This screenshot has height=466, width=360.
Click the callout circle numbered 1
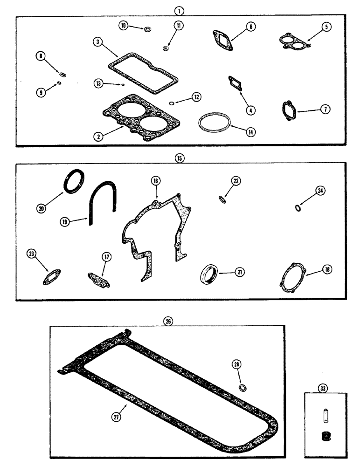pos(180,9)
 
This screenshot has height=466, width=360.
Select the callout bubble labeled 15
pos(180,158)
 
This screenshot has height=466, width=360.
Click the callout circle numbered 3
pos(97,42)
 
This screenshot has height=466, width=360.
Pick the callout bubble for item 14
pos(250,132)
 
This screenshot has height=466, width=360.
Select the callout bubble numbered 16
pos(155,180)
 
